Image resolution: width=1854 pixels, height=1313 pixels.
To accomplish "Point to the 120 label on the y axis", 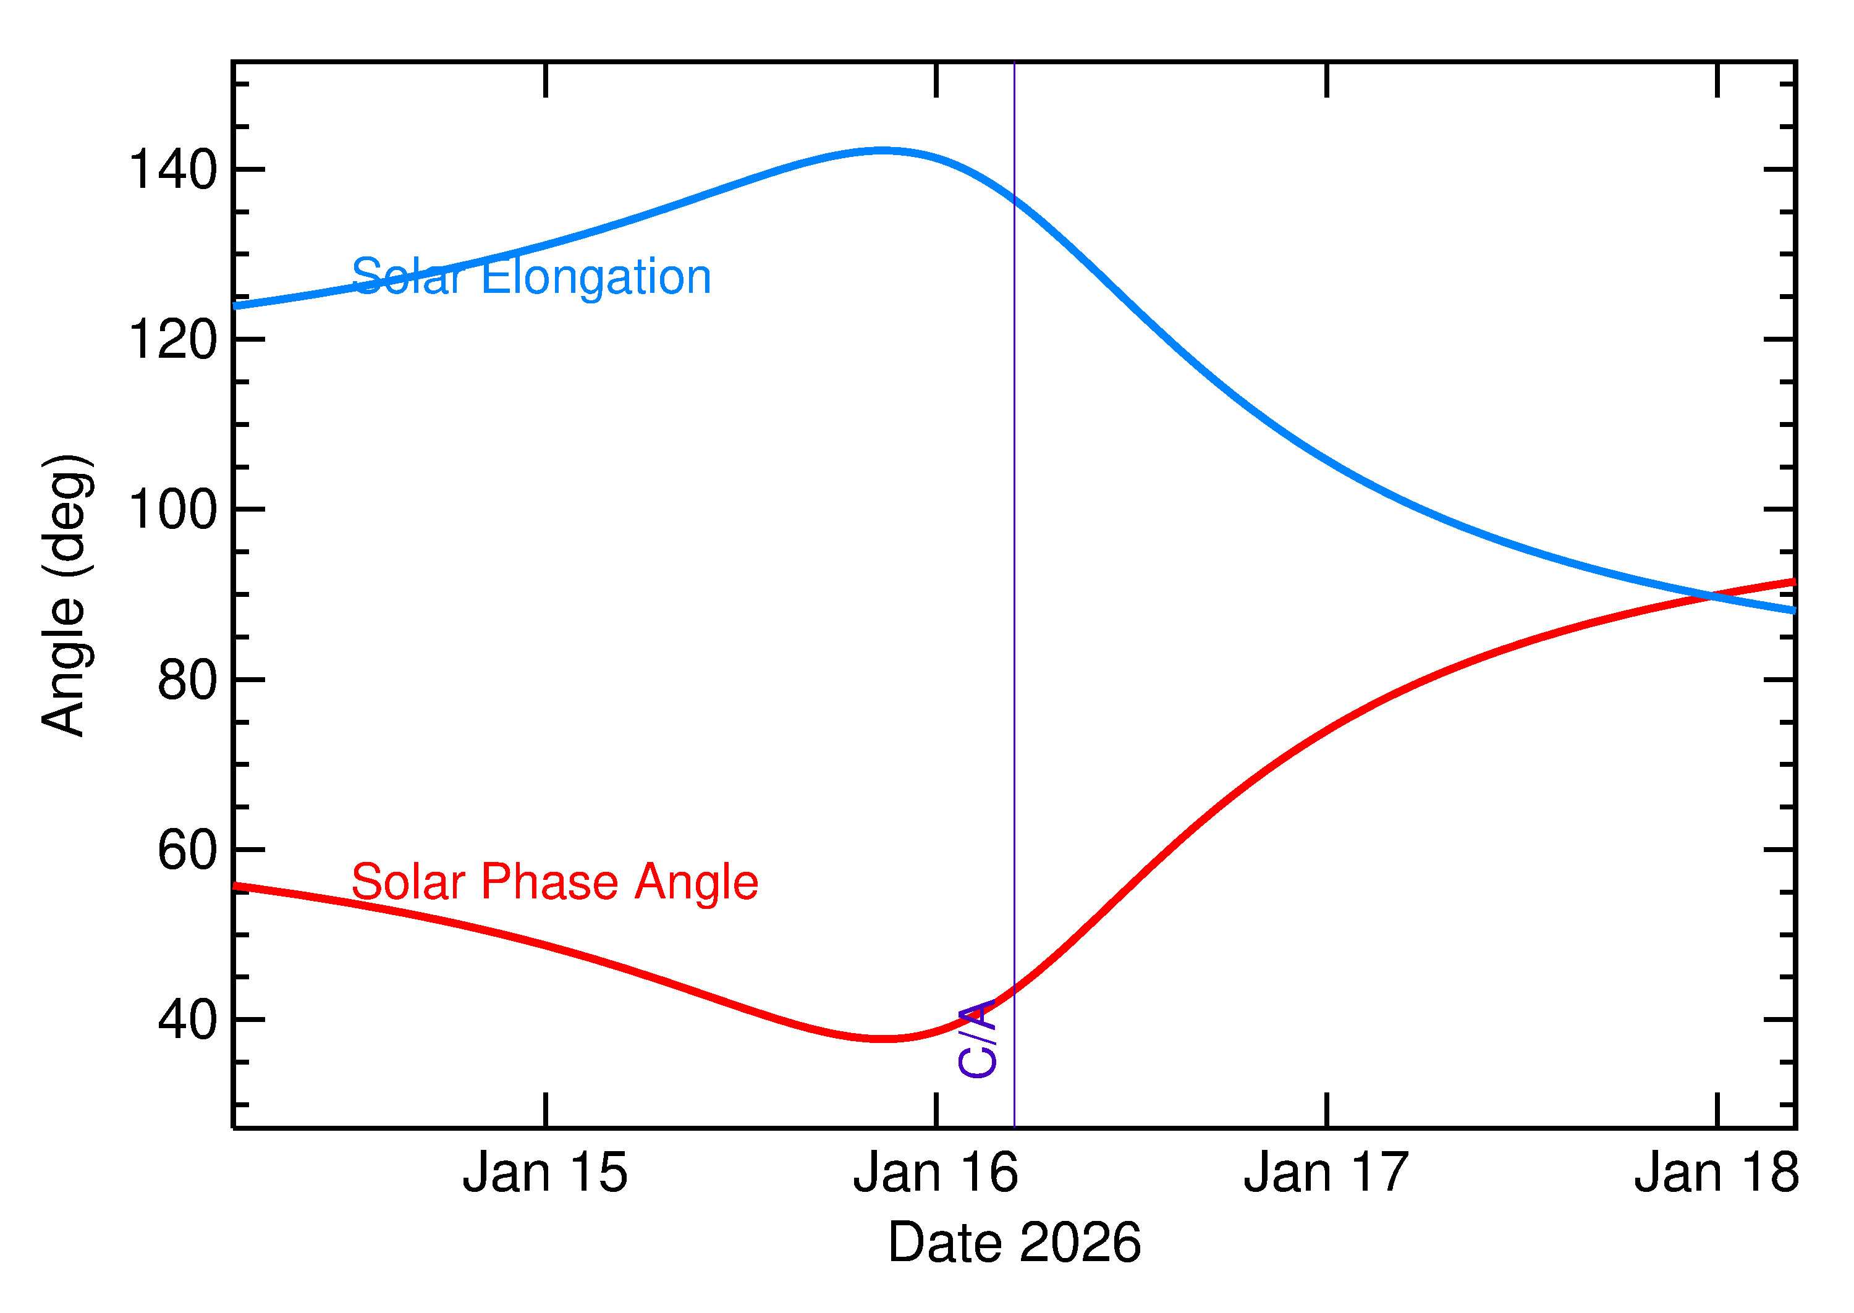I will [x=173, y=340].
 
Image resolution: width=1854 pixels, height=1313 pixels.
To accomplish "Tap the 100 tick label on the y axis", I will [x=173, y=510].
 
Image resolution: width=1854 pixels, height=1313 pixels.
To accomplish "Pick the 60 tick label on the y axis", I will [x=188, y=851].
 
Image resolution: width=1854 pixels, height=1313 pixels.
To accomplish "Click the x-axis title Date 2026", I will [x=1014, y=1243].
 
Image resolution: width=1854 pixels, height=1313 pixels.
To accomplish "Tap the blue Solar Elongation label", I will [x=531, y=277].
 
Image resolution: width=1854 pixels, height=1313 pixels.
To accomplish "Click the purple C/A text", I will [x=978, y=1039].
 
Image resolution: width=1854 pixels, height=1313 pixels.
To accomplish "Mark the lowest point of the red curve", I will [x=886, y=1038].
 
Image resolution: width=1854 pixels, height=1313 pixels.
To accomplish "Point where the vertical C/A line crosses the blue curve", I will [x=1014, y=198].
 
